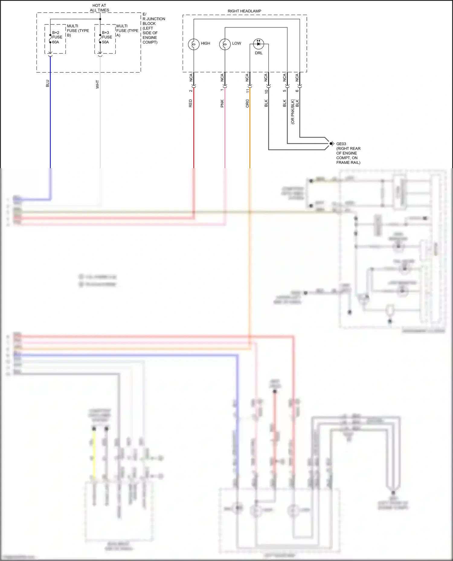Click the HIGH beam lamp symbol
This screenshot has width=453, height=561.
[194, 44]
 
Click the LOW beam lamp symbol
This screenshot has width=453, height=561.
[225, 44]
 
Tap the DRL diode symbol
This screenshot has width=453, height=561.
[259, 44]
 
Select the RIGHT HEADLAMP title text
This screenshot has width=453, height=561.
[244, 11]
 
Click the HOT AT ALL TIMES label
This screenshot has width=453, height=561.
[99, 8]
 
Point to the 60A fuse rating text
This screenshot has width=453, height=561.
[56, 42]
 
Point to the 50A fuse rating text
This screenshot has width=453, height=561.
[105, 42]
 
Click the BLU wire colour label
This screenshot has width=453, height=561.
[47, 84]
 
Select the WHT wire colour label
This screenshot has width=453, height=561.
[97, 84]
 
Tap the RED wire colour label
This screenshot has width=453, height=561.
[190, 103]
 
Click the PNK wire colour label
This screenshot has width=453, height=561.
[222, 103]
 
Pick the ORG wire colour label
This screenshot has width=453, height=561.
[247, 103]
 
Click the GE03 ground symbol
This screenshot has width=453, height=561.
[332, 143]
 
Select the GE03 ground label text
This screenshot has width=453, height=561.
[341, 144]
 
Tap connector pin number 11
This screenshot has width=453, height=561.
[247, 91]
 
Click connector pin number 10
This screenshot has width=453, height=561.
[266, 91]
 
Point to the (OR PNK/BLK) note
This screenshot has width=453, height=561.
[293, 112]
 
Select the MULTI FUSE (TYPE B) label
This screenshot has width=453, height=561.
[78, 30]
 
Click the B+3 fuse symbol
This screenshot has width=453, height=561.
[100, 39]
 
